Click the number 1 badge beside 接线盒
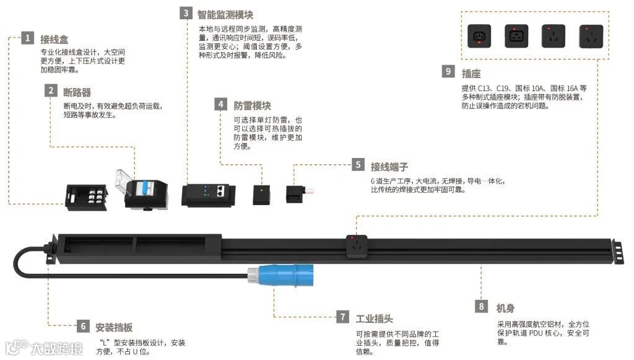(x=27, y=38)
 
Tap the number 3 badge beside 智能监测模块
(x=185, y=13)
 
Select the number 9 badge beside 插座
(x=448, y=71)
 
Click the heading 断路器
(x=77, y=92)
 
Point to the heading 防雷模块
(x=252, y=105)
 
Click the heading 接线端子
(x=389, y=166)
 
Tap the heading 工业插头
(x=374, y=318)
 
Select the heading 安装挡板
(x=114, y=327)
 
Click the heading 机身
(x=505, y=308)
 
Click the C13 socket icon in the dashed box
(x=480, y=36)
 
